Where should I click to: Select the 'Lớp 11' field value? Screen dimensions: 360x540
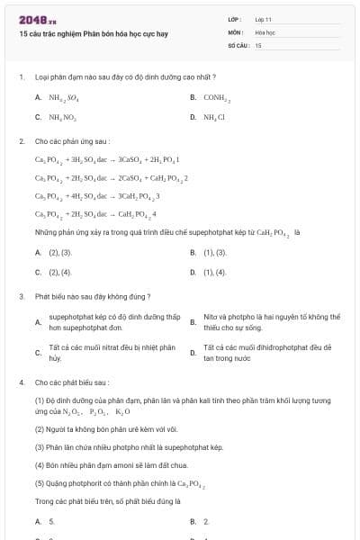264,18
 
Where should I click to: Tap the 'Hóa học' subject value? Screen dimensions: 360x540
265,31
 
